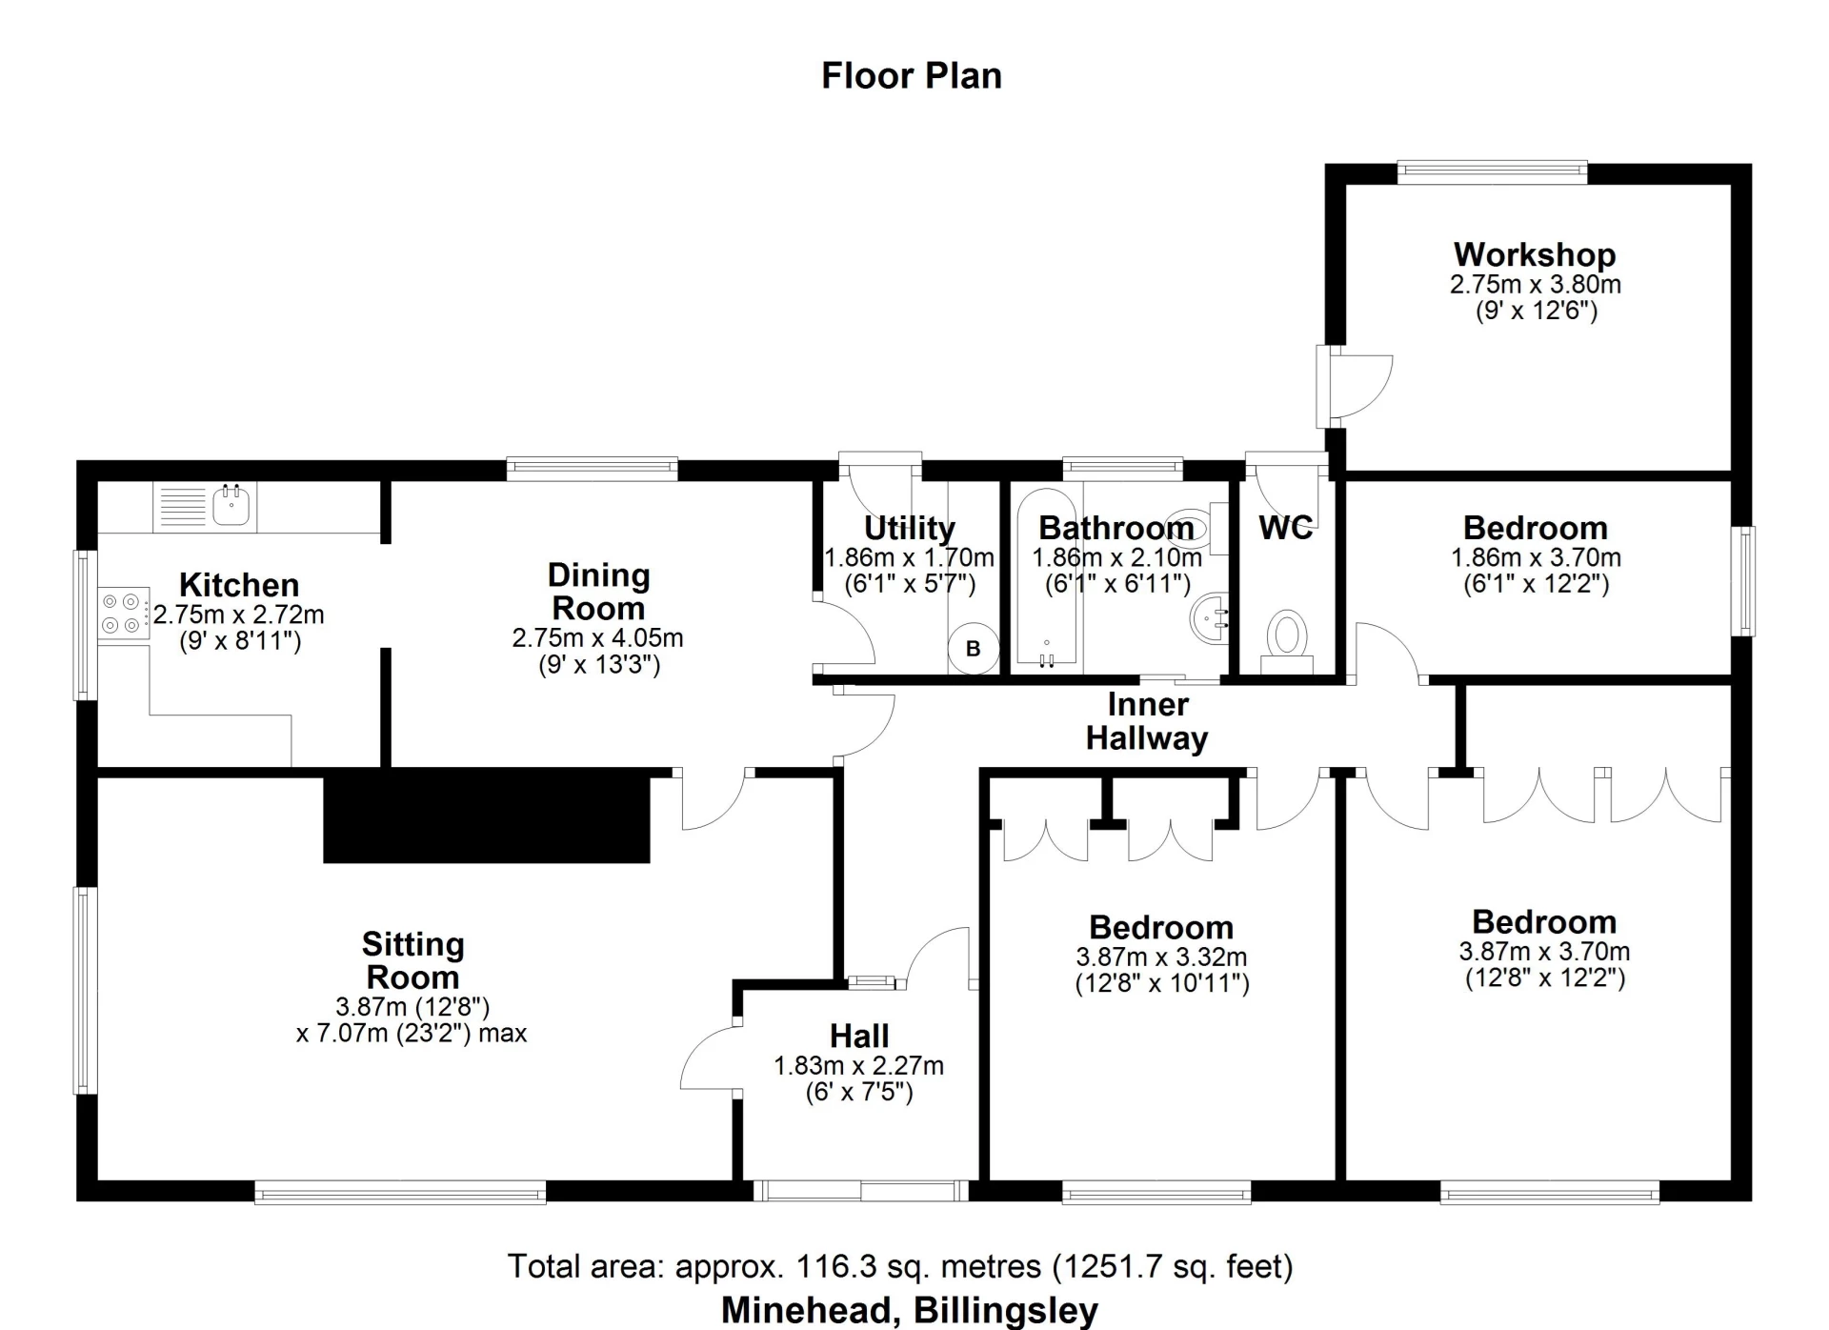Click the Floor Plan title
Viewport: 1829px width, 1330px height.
[912, 76]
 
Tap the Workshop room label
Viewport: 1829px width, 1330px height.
[1535, 254]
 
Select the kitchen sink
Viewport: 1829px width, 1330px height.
[231, 505]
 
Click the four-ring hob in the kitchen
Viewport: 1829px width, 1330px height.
[124, 613]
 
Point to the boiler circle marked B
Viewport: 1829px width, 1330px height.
[974, 649]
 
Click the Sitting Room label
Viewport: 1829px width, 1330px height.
[412, 960]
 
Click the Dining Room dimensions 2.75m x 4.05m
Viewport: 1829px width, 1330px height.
[598, 637]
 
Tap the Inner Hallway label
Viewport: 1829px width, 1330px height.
[1147, 721]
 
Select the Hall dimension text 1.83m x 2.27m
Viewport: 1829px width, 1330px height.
[859, 1065]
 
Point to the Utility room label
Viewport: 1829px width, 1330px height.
[909, 528]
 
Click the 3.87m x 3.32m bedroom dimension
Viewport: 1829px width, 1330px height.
[1161, 957]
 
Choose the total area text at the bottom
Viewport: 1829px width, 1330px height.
[900, 1266]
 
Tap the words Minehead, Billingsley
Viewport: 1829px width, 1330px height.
[910, 1310]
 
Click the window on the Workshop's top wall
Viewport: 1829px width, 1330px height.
[1493, 172]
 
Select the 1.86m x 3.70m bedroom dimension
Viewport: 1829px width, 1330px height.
[1536, 557]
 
